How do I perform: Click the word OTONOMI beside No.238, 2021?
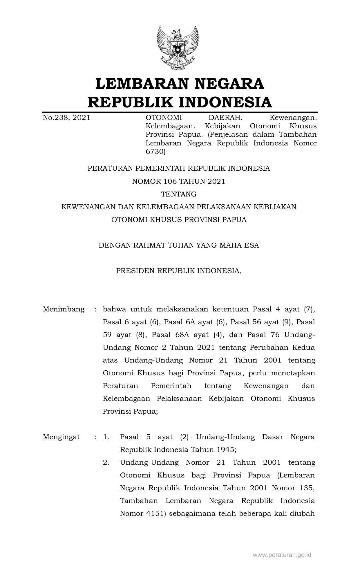click(164, 118)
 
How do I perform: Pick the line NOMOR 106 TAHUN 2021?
click(179, 181)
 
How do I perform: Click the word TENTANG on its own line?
click(179, 194)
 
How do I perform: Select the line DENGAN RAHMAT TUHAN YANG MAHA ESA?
click(179, 245)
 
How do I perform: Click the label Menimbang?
click(64, 309)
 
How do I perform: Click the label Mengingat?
click(61, 437)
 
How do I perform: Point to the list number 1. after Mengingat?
click(106, 437)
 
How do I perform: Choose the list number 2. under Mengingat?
click(106, 462)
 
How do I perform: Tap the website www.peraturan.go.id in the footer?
click(282, 555)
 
